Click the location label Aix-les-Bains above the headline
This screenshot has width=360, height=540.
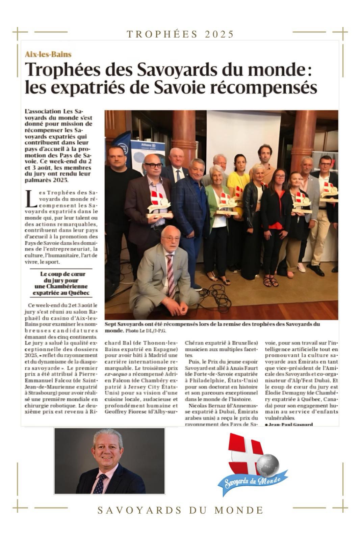click(x=48, y=54)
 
